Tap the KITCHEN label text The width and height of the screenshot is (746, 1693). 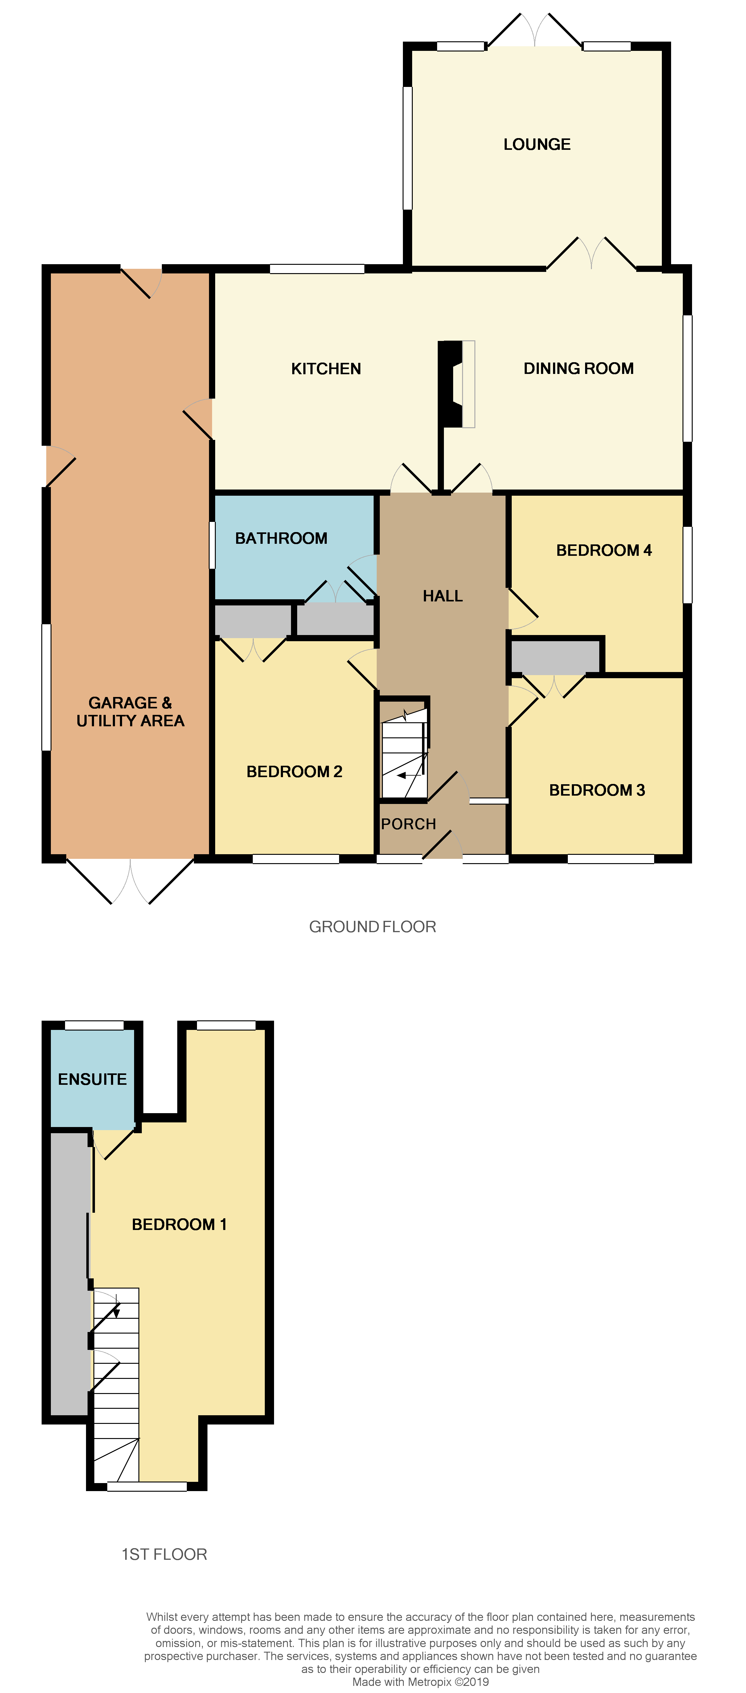point(326,369)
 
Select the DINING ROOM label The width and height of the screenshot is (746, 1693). point(578,369)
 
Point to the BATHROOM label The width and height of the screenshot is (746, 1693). point(281,538)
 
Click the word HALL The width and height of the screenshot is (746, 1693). point(442,596)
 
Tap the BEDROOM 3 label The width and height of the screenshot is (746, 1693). point(597,790)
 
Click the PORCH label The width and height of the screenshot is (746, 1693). point(408,824)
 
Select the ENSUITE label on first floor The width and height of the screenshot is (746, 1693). point(92,1079)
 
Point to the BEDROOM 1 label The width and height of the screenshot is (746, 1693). point(179,1224)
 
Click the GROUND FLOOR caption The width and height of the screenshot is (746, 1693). point(372,927)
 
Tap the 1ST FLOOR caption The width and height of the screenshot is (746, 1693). point(164,1554)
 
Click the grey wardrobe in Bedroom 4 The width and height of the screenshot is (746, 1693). point(555,656)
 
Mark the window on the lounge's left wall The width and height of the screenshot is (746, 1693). point(408,148)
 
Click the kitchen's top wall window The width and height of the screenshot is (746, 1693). point(317,269)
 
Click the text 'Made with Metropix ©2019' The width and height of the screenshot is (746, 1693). point(421,1682)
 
